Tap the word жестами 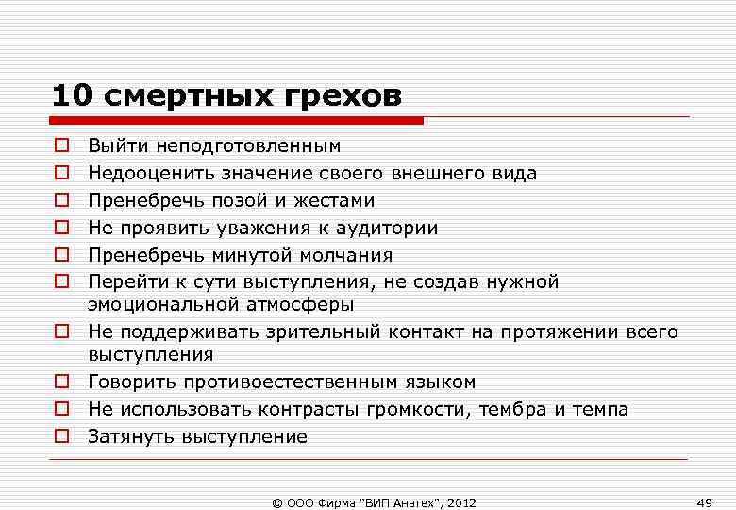click(x=337, y=201)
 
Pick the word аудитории click(x=389, y=229)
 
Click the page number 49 click(x=703, y=500)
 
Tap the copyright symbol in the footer click(x=276, y=501)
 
